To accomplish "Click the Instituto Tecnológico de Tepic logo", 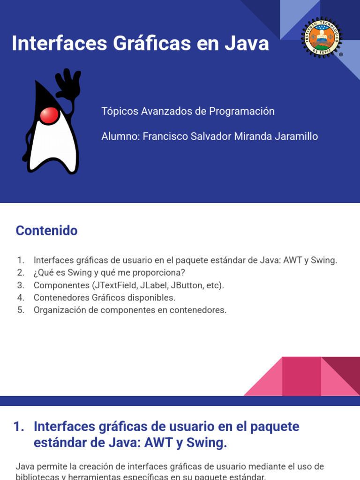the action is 322,37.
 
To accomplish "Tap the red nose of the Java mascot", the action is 49,115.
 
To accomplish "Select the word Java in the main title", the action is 247,43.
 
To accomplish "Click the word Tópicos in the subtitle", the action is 120,112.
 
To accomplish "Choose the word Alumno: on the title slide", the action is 120,136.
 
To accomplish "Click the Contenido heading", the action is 46,231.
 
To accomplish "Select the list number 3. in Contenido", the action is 21,285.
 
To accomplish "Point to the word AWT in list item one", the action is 292,260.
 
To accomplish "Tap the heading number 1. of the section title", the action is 19,427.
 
